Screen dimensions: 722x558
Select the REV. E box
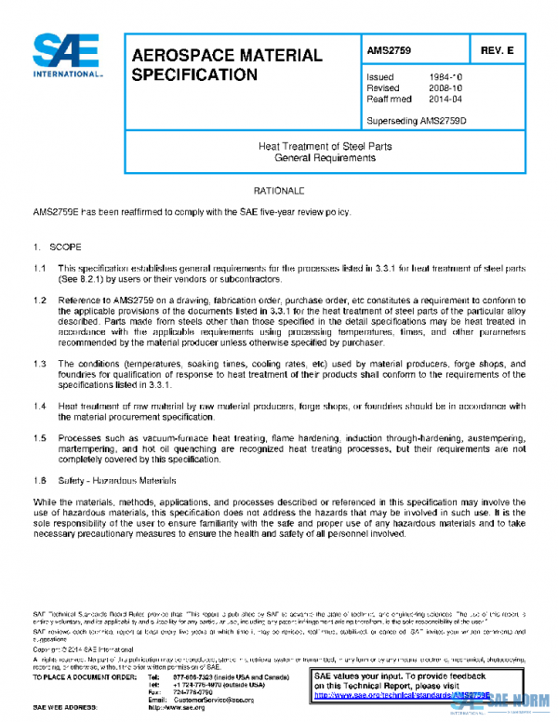[498, 50]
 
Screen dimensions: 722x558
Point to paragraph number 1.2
[40, 301]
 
